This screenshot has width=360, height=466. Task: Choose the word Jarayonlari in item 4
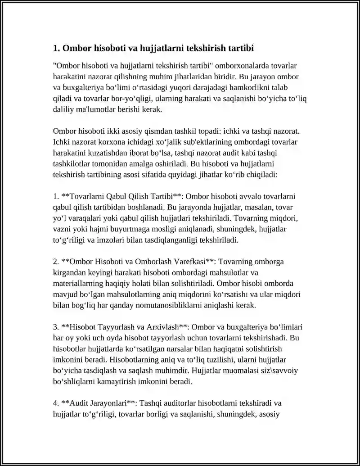[x=108, y=403]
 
